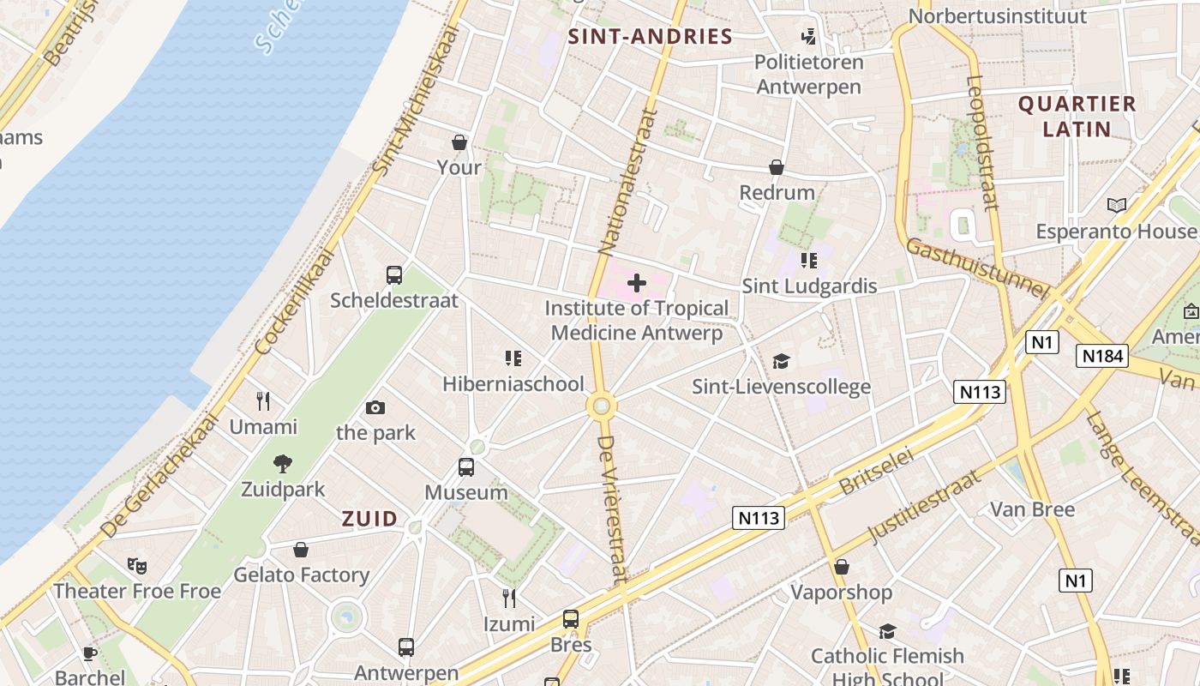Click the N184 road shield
(x=1101, y=356)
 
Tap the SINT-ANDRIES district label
(x=651, y=36)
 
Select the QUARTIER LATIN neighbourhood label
(x=1077, y=117)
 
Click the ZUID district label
(x=370, y=518)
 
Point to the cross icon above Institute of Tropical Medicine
(x=637, y=282)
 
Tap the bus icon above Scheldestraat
(x=394, y=275)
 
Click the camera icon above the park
(x=375, y=407)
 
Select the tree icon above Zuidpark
(x=283, y=464)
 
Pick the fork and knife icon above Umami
(x=263, y=400)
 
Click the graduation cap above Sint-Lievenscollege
(x=781, y=361)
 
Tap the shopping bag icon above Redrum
(x=777, y=166)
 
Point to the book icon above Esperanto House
(x=1116, y=205)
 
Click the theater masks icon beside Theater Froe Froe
(x=137, y=565)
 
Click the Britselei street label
(x=876, y=471)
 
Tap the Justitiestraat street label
(x=924, y=507)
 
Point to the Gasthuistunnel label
(x=977, y=268)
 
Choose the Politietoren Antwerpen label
(x=808, y=74)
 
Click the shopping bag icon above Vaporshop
(x=842, y=566)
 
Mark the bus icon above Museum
(x=466, y=467)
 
